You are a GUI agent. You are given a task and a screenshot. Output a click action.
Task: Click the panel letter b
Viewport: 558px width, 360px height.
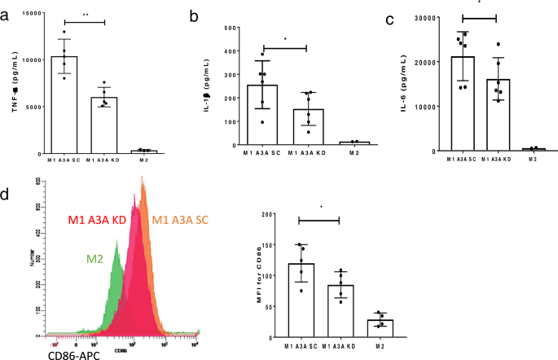coord(193,14)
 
